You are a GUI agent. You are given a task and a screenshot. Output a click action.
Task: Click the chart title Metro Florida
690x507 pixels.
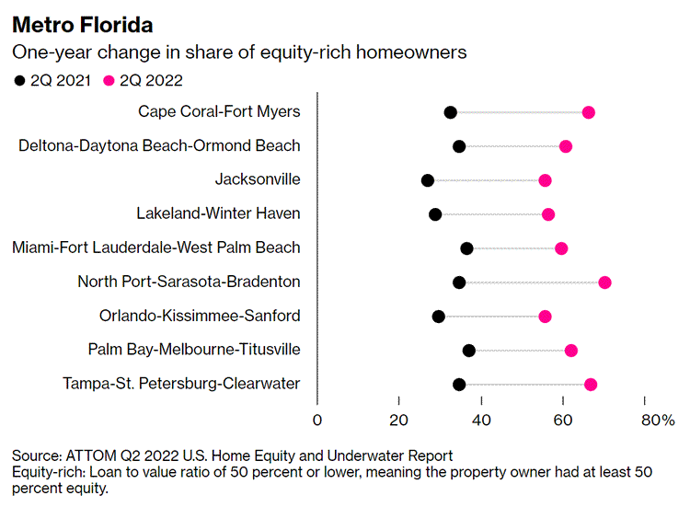click(83, 24)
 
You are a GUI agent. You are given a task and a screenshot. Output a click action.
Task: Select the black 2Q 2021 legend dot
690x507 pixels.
click(19, 80)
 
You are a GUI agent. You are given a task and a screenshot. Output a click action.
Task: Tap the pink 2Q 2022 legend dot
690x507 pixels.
click(109, 80)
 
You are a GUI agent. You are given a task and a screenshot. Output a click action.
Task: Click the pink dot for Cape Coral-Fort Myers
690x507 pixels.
click(589, 112)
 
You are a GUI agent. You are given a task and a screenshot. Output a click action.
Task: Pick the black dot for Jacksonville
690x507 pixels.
click(428, 180)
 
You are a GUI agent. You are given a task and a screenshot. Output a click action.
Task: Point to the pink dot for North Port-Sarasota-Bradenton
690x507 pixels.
click(604, 282)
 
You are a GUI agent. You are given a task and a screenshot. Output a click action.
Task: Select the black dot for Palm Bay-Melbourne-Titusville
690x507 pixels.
click(469, 350)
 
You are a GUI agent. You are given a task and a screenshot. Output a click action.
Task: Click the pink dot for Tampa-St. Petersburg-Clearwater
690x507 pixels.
click(591, 385)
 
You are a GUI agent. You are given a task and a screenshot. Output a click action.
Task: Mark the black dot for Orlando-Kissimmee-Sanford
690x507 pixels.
click(439, 317)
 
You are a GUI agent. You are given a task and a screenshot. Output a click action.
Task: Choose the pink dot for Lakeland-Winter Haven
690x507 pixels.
click(548, 214)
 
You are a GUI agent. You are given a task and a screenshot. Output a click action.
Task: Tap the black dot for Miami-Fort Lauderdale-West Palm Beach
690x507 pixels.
click(466, 248)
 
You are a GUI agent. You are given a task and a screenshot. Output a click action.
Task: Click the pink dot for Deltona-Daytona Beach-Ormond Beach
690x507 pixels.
click(566, 146)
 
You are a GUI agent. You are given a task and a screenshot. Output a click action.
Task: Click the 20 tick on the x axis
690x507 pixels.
click(399, 421)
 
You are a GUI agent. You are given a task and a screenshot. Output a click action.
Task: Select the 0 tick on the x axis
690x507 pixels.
click(317, 421)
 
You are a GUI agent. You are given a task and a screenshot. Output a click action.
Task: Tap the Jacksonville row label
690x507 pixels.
click(258, 179)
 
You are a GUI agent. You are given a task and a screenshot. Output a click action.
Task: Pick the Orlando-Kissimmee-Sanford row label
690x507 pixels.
click(200, 316)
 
